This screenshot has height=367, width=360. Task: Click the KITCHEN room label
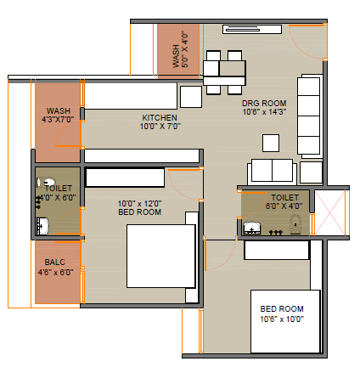tap(160, 117)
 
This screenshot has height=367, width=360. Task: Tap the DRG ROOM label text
tap(264, 103)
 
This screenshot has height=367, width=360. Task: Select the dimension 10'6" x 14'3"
tap(264, 112)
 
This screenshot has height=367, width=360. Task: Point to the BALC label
tap(55, 263)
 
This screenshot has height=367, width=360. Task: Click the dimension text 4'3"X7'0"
tap(58, 120)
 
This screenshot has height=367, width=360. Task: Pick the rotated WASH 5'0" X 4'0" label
tap(180, 49)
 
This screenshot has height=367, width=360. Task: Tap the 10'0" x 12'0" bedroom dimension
tap(139, 204)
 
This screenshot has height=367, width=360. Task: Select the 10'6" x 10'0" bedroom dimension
tap(282, 319)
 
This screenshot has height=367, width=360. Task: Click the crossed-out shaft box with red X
tap(330, 212)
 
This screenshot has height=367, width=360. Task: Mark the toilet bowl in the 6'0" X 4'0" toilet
tap(295, 224)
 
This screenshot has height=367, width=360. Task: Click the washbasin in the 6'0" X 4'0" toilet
tap(251, 229)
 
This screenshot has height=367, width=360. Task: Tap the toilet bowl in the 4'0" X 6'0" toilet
tap(46, 182)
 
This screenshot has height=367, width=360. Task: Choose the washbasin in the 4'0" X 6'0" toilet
tap(42, 226)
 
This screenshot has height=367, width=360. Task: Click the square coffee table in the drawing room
tap(271, 143)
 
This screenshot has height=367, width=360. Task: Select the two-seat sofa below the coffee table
tap(272, 172)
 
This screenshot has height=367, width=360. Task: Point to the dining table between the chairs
tap(224, 73)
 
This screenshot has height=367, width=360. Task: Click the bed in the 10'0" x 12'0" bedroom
tap(161, 257)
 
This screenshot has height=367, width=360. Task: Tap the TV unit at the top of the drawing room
tap(252, 30)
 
